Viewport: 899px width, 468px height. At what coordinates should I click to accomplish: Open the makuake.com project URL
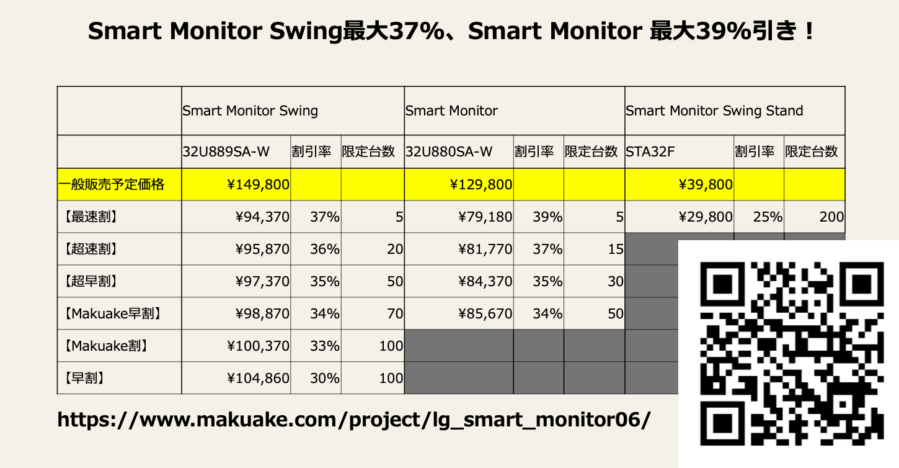click(x=354, y=419)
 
